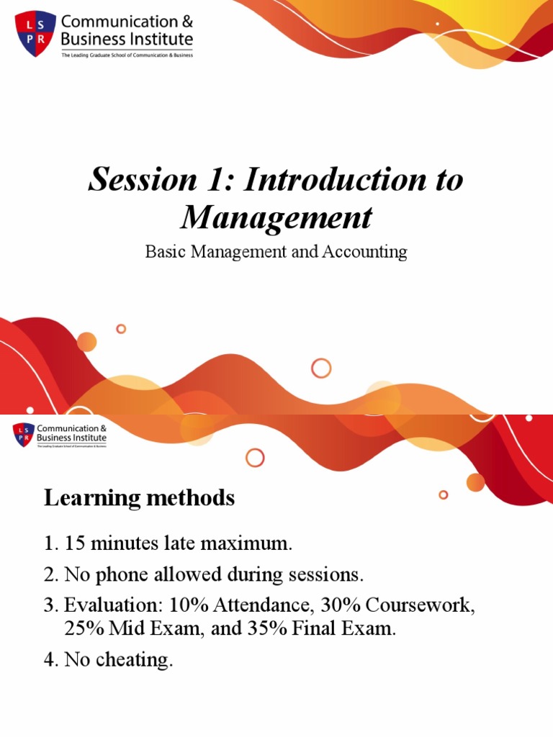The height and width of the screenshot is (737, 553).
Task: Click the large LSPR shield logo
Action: [x=35, y=33]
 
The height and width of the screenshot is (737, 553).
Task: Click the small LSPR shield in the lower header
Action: [x=23, y=435]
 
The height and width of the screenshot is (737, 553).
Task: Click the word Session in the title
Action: [x=137, y=180]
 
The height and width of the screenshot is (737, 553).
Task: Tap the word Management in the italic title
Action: [x=276, y=217]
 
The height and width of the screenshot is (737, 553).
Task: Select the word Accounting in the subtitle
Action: [x=369, y=252]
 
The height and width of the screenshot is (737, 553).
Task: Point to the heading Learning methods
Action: [x=139, y=497]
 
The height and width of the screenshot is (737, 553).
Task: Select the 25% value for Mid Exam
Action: [x=84, y=628]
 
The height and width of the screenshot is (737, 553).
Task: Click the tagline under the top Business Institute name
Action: [x=127, y=55]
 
